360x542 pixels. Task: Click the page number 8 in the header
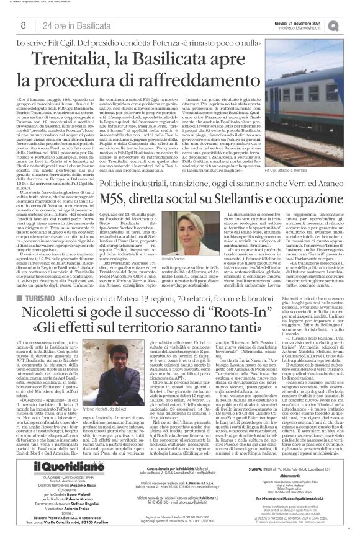point(24,25)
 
